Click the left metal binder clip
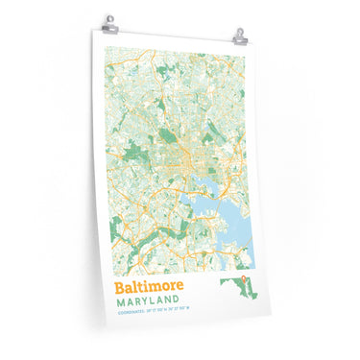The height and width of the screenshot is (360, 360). tap(110, 20)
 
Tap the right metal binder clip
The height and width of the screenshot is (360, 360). tap(239, 36)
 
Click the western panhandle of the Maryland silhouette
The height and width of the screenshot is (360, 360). tap(226, 282)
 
